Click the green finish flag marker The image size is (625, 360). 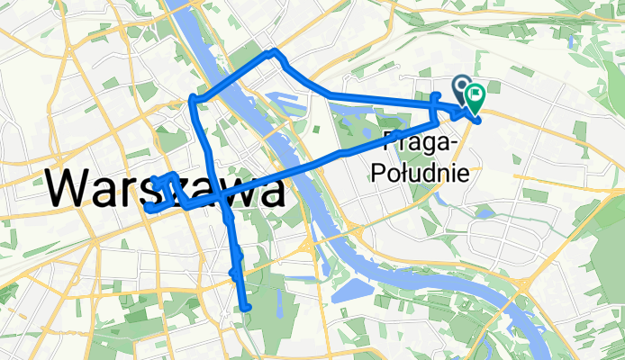point(474,94)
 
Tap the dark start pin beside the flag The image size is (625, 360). point(460,87)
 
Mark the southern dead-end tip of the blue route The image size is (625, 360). point(245,309)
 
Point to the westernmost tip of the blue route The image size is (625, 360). point(146,207)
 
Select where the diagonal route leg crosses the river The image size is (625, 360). point(302,170)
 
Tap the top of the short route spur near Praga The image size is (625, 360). point(436,94)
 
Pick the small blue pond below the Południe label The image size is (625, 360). point(484,212)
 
